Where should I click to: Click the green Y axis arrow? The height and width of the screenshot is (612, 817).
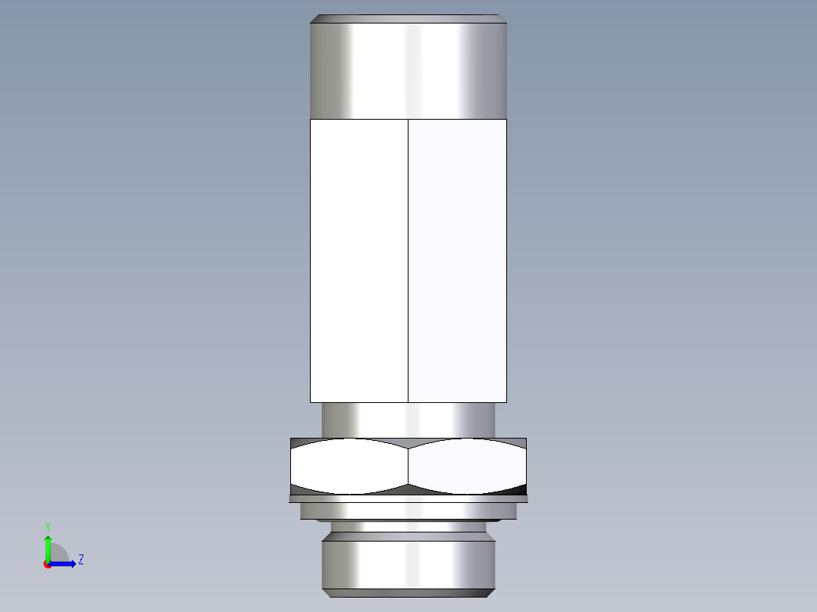pos(48,547)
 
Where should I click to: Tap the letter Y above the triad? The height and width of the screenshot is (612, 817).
pos(48,526)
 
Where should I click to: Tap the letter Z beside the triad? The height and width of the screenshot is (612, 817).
pos(80,560)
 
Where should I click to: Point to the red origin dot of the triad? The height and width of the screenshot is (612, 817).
pos(47,564)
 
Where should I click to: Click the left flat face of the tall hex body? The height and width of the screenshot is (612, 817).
pos(359,260)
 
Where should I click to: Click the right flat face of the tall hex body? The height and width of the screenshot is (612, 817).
pos(457,260)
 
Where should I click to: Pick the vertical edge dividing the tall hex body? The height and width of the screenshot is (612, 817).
pos(409,260)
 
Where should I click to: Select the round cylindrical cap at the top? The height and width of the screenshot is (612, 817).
pos(409,70)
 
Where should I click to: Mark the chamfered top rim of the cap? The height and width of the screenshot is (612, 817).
pos(409,19)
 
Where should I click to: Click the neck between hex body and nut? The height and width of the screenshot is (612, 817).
pos(409,419)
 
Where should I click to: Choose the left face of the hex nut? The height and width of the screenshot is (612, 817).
pos(349,466)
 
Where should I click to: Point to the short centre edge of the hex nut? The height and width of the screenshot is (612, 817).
pos(409,466)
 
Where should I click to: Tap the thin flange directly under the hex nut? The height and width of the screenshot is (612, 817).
pos(409,498)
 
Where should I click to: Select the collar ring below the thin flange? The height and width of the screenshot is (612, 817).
pos(409,511)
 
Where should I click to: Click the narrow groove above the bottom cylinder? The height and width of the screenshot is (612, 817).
pos(409,528)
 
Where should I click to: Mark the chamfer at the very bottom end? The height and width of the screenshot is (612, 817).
pos(409,593)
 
